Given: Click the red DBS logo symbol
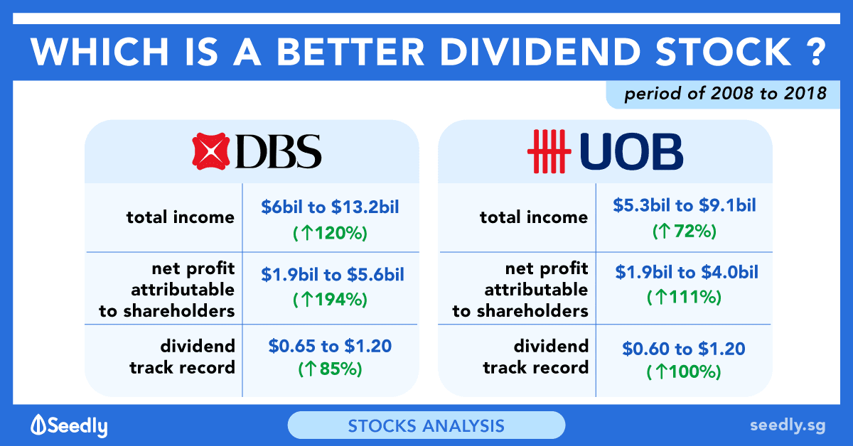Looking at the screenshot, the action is [x=211, y=151].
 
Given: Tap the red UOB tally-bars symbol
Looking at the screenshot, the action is [x=549, y=151].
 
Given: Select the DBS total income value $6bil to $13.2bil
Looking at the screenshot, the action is [x=330, y=207].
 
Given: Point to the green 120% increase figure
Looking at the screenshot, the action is [x=330, y=233].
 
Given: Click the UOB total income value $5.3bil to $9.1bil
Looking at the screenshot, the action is [x=685, y=205].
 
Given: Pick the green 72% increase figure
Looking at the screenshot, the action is [x=685, y=231].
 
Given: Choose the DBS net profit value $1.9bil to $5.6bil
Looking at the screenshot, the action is [x=333, y=274].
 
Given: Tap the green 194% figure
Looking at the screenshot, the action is [x=330, y=300].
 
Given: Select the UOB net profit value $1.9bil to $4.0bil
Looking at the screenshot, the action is [x=687, y=273].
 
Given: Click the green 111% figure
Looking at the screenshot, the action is [x=685, y=297].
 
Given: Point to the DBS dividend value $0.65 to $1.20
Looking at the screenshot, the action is [x=330, y=346].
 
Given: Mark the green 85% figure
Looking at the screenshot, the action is [x=330, y=369].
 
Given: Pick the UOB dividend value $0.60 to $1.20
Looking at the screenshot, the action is [x=684, y=349].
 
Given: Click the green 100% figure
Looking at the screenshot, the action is [x=684, y=372].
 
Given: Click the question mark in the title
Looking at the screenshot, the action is [x=816, y=52].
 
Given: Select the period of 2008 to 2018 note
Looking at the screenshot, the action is [x=726, y=94].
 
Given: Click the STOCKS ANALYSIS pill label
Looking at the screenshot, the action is [x=426, y=426].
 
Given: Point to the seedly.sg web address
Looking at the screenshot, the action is [x=788, y=426].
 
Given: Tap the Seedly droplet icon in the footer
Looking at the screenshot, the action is [x=38, y=424].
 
